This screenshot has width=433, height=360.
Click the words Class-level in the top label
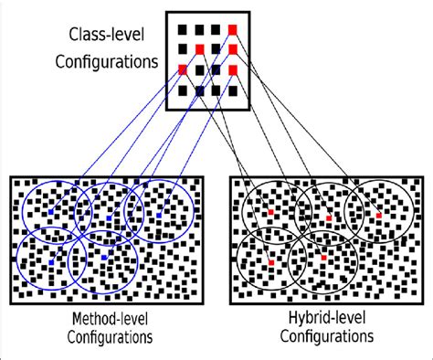pyautogui.click(x=103, y=36)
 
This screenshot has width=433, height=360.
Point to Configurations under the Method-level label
pyautogui.click(x=110, y=337)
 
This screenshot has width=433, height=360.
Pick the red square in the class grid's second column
pyautogui.click(x=199, y=48)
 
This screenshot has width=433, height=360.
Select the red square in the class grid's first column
pyautogui.click(x=183, y=69)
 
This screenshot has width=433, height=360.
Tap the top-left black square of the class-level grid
pyautogui.click(x=183, y=28)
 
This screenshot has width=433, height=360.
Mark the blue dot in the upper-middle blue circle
pyautogui.click(x=108, y=218)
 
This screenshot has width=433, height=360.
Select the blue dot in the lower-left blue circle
pyautogui.click(x=51, y=262)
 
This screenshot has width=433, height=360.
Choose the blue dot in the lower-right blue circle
pyautogui.click(x=104, y=259)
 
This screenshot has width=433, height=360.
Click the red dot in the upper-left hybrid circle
pyautogui.click(x=270, y=213)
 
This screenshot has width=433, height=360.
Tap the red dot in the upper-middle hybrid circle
pyautogui.click(x=329, y=218)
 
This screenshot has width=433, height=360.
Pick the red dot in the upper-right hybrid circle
pyautogui.click(x=378, y=216)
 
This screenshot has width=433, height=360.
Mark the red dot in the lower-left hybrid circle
pyautogui.click(x=270, y=263)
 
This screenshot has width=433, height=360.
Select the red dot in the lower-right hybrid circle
pyautogui.click(x=324, y=259)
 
